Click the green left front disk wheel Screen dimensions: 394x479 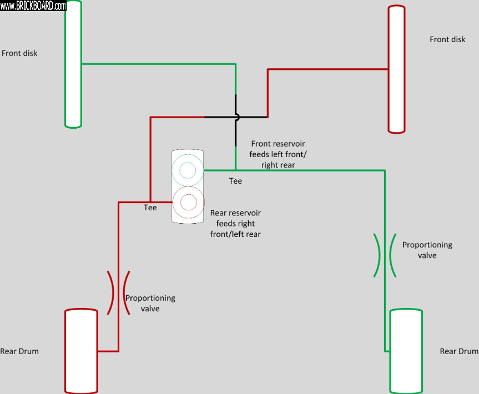click(73, 64)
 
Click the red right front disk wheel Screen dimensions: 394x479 click(396, 69)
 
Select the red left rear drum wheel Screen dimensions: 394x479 click(81, 351)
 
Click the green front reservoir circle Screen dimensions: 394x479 click(188, 170)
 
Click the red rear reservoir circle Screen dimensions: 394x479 click(188, 203)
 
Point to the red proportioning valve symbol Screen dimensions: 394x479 click(119, 292)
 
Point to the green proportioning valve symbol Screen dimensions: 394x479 click(385, 255)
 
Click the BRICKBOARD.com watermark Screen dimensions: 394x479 click(33, 6)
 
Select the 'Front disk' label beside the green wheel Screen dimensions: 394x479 click(19, 53)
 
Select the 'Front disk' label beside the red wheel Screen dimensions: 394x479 click(447, 39)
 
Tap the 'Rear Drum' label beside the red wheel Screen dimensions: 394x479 click(19, 351)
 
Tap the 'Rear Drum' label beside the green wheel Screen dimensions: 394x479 click(458, 351)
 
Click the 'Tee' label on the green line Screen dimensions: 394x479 click(235, 181)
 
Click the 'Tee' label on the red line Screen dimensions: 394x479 click(150, 208)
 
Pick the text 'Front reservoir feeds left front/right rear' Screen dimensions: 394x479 click(278, 154)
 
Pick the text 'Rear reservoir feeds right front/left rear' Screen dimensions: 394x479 click(235, 224)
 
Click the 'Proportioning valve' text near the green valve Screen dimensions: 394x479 click(427, 250)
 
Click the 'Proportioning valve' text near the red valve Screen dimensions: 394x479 click(150, 303)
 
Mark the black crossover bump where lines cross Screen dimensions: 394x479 click(238, 117)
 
